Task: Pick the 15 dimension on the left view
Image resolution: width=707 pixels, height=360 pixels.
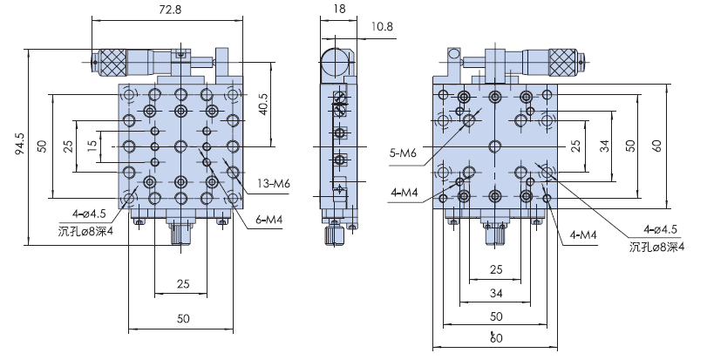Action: tap(92, 145)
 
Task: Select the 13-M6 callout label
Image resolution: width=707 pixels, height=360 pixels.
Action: tap(273, 184)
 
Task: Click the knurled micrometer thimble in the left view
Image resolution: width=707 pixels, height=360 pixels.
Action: tap(112, 61)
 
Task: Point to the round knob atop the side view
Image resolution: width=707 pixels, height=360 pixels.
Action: tap(333, 62)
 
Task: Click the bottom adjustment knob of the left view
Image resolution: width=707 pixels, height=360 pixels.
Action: tap(180, 234)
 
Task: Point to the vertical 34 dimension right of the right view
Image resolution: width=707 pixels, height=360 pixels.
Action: tap(602, 145)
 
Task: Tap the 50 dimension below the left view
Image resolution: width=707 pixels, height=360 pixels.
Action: tap(181, 319)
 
